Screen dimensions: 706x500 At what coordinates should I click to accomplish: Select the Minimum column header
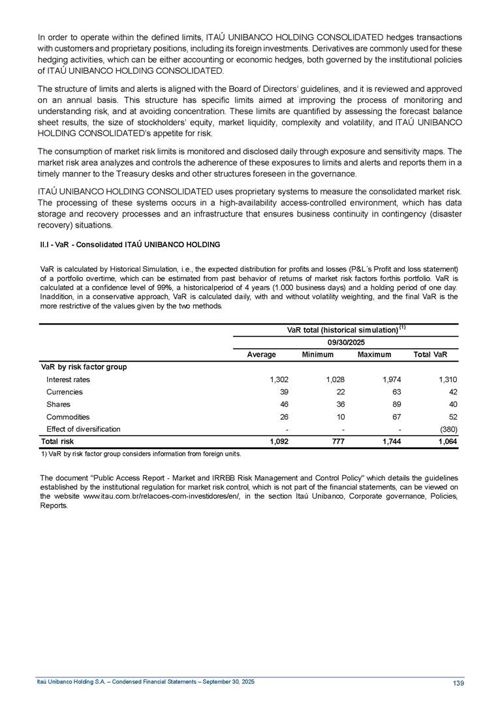(x=317, y=355)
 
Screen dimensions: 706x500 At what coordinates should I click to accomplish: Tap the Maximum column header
(x=374, y=355)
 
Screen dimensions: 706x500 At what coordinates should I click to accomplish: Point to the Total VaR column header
(x=430, y=355)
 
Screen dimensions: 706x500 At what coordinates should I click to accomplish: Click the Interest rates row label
(x=68, y=379)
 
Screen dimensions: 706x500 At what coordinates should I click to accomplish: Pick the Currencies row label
(x=64, y=392)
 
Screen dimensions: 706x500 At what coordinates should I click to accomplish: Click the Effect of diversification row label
(x=83, y=429)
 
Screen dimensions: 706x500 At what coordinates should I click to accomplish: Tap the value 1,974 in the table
(x=390, y=379)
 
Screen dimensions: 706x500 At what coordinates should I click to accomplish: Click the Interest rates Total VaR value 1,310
(x=446, y=379)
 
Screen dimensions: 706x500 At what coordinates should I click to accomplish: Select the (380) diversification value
(x=447, y=429)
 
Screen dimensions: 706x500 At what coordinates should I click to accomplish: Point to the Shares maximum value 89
(x=396, y=404)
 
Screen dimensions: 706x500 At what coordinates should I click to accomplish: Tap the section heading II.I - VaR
(x=130, y=244)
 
